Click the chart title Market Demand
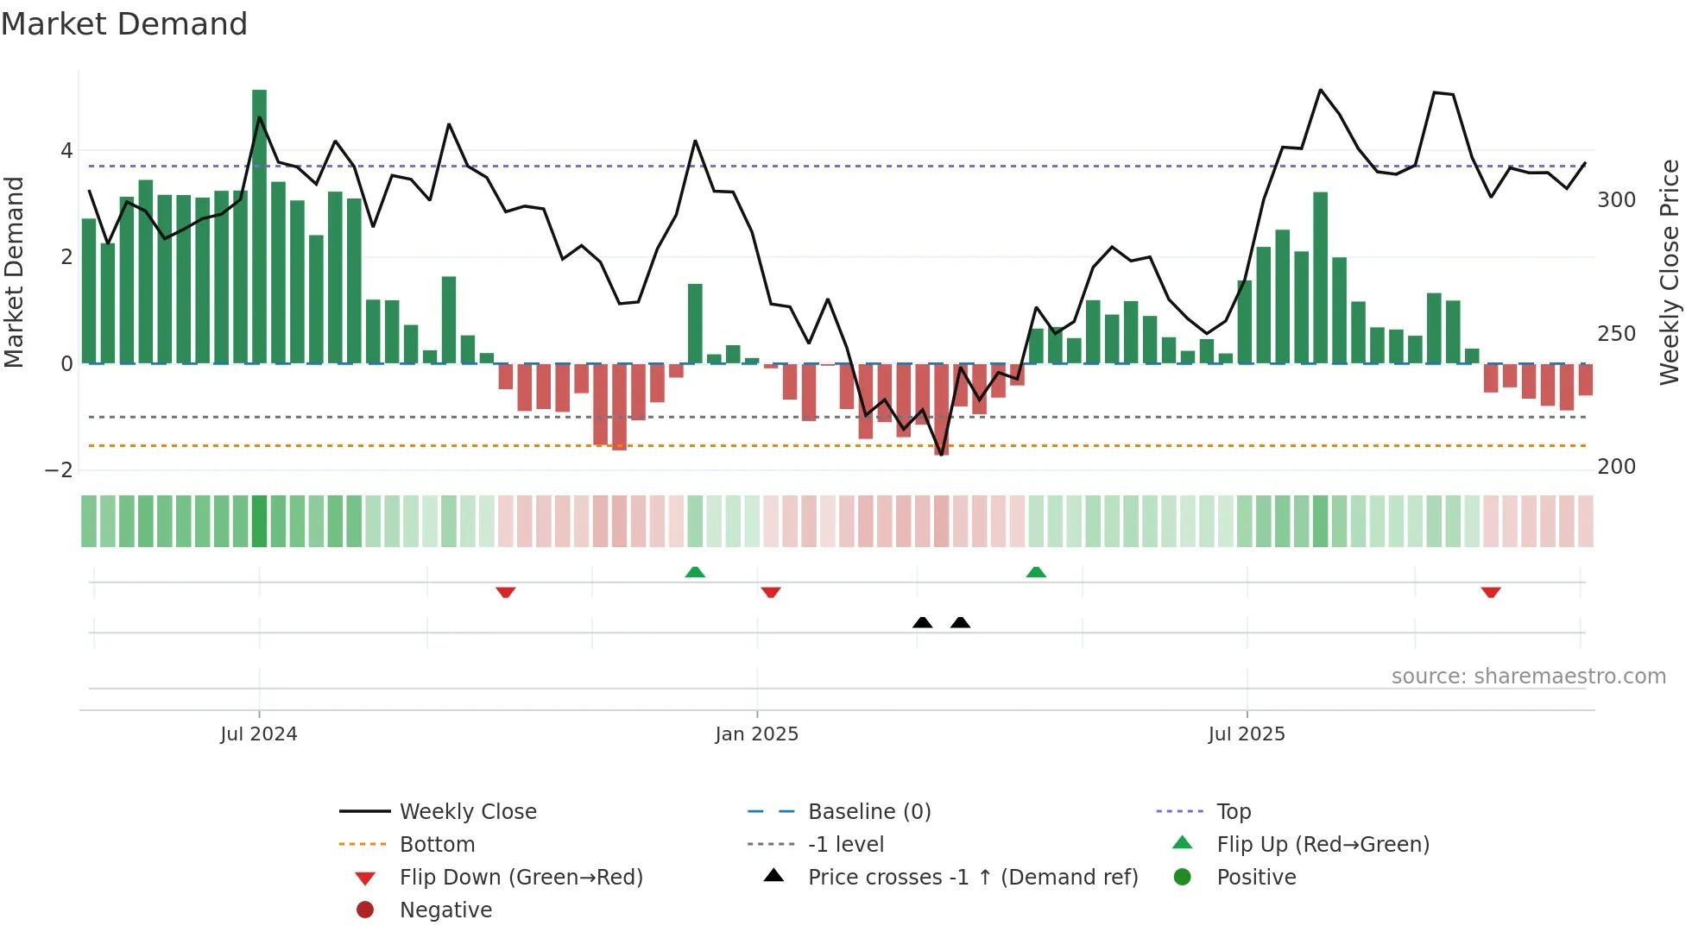pyautogui.click(x=124, y=24)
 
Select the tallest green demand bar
pyautogui.click(x=259, y=226)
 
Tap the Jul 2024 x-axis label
pyautogui.click(x=258, y=734)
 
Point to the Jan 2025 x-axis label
pyautogui.click(x=756, y=734)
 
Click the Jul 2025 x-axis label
pyautogui.click(x=1246, y=734)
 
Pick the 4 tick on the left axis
pyautogui.click(x=66, y=151)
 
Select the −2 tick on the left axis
pyautogui.click(x=59, y=470)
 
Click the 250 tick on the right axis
pyautogui.click(x=1616, y=334)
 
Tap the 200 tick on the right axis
pyautogui.click(x=1616, y=467)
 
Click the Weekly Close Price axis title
pyautogui.click(x=1670, y=272)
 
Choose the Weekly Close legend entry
pyautogui.click(x=467, y=812)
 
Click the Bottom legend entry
pyautogui.click(x=437, y=845)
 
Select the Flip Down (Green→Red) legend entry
pyautogui.click(x=521, y=878)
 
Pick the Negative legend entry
pyautogui.click(x=445, y=910)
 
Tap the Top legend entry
pyautogui.click(x=1233, y=812)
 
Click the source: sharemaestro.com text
pyautogui.click(x=1528, y=677)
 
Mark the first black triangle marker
pyautogui.click(x=922, y=622)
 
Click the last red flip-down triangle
pyautogui.click(x=1490, y=592)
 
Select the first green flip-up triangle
pyautogui.click(x=695, y=572)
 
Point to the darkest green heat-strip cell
pyautogui.click(x=259, y=521)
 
